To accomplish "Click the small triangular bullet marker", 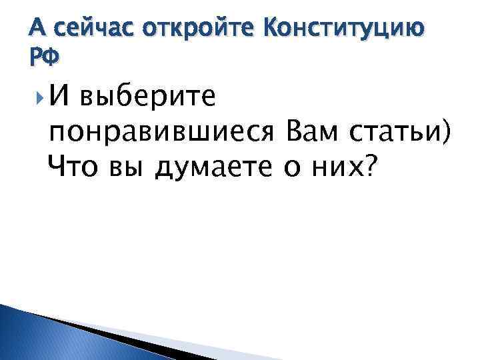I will tap(37, 99).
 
